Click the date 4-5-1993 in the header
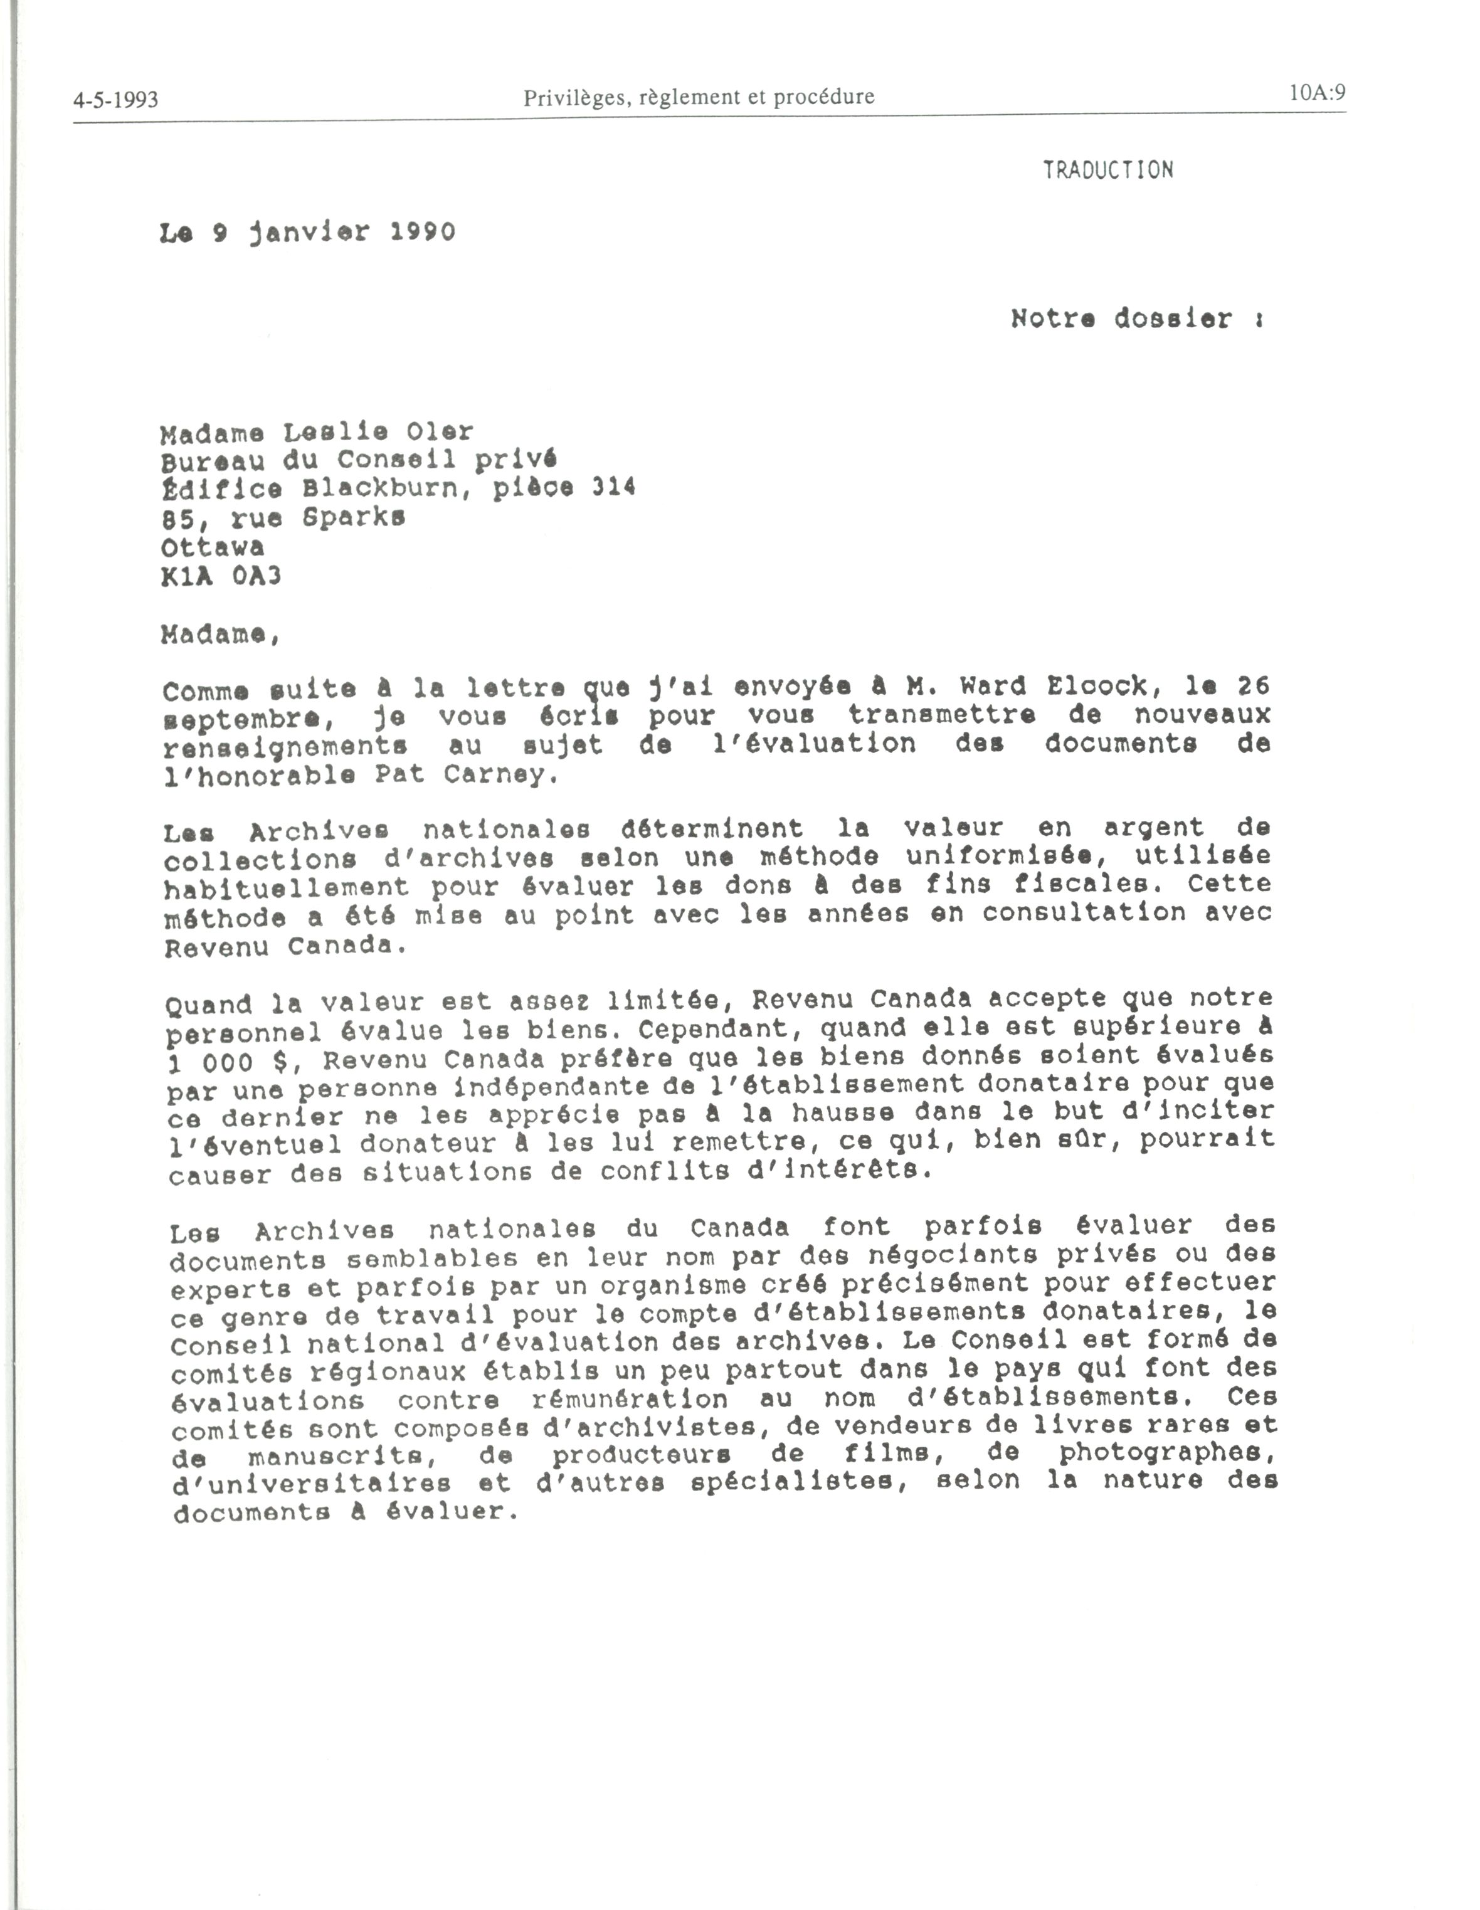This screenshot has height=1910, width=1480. click(115, 100)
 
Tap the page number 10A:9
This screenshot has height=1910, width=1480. click(1316, 93)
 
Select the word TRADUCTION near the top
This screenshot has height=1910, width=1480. click(1107, 170)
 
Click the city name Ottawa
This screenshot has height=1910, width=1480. click(213, 547)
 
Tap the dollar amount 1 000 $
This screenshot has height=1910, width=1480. click(228, 1061)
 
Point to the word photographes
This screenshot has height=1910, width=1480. click(1168, 1453)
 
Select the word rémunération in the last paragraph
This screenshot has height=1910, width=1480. click(629, 1398)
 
